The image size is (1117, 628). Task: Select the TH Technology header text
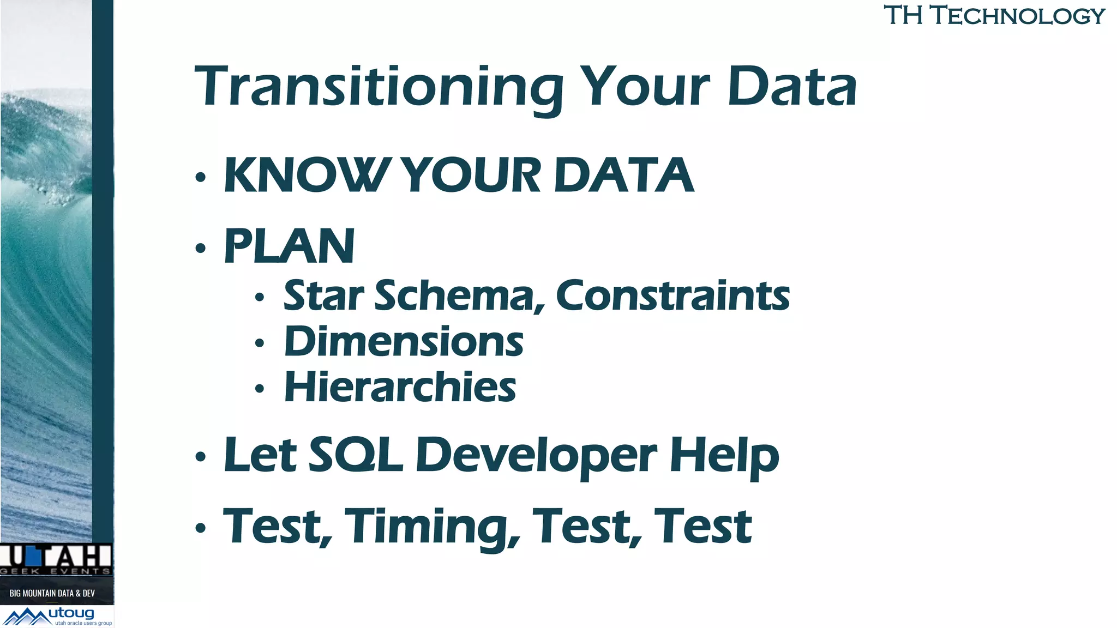(x=994, y=15)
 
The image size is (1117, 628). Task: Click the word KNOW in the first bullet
(x=305, y=176)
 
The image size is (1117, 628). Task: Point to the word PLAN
(x=290, y=246)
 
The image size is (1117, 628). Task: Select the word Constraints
(x=672, y=296)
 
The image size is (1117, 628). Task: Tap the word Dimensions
(x=404, y=342)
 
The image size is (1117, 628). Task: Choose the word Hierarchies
(x=400, y=388)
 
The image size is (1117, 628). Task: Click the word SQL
(x=356, y=455)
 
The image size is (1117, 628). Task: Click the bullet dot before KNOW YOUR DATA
(x=201, y=177)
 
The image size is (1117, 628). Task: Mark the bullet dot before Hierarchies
(x=260, y=389)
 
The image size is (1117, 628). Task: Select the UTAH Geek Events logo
(x=56, y=559)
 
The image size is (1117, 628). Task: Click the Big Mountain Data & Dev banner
(x=52, y=593)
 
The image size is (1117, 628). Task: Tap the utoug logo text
(x=71, y=614)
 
